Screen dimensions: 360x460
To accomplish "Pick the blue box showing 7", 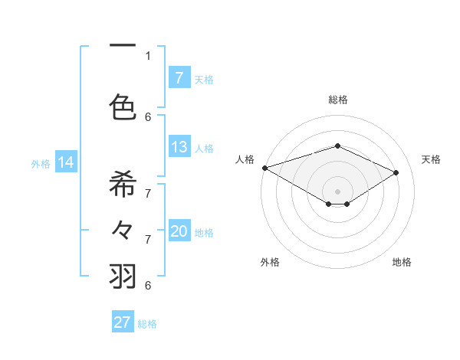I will click(179, 77).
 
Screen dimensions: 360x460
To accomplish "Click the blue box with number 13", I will click(179, 147).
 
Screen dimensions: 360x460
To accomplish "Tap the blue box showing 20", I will click(179, 232).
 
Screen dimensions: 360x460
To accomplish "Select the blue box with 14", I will click(66, 162).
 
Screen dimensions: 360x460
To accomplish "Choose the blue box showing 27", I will click(123, 322).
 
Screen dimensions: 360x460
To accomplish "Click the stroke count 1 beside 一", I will click(148, 55).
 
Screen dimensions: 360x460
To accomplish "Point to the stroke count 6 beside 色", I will click(148, 116).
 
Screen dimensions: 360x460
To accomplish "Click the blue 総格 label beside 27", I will click(147, 324).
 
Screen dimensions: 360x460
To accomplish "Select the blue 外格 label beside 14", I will click(41, 163).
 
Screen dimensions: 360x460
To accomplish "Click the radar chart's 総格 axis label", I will click(337, 100).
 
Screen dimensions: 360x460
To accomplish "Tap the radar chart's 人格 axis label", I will click(245, 159).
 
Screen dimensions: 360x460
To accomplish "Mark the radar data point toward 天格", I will click(396, 172).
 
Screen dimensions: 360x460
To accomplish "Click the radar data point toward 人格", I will click(264, 168).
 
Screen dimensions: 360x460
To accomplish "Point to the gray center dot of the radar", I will click(337, 191).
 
